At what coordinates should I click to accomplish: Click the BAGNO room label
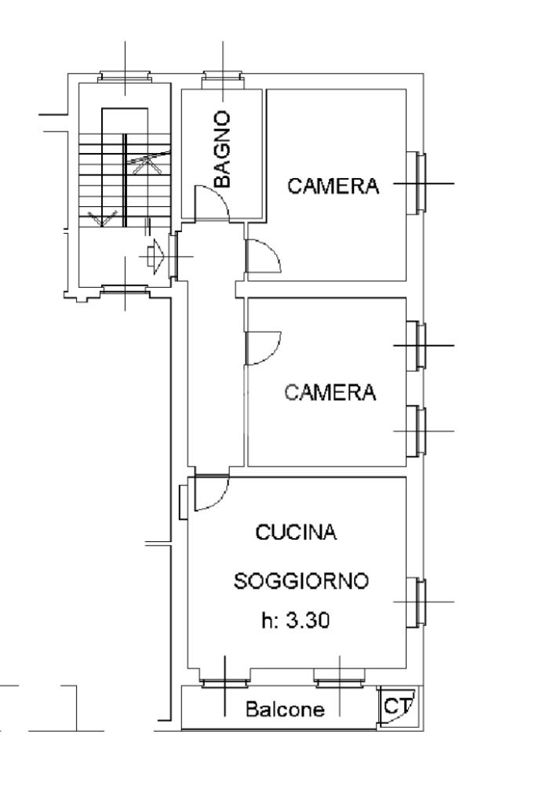224,149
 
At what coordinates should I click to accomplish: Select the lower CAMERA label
330,392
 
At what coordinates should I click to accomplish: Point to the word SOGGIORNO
301,582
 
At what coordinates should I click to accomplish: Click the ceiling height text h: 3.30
295,621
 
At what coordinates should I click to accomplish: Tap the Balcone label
284,711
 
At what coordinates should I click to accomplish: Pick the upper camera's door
262,256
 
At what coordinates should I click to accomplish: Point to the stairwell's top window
125,78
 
